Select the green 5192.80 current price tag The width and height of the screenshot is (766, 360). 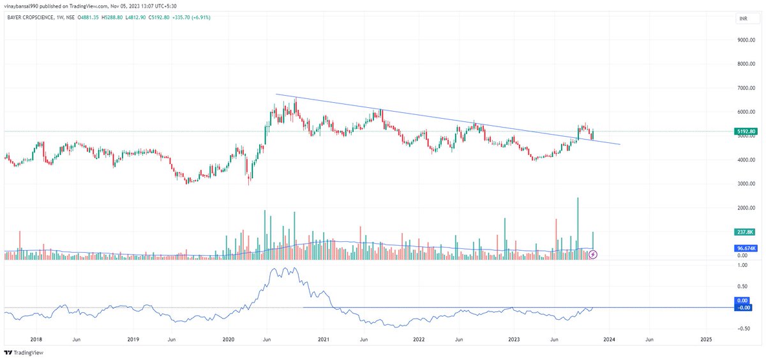pos(746,132)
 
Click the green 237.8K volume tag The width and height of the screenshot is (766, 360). pos(746,232)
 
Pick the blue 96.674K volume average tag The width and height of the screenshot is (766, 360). pos(746,248)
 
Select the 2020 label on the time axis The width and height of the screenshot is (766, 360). pos(229,339)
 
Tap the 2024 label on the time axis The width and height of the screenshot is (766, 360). pos(609,339)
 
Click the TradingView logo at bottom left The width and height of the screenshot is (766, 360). pos(21,353)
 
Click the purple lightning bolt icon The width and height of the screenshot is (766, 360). pos(593,255)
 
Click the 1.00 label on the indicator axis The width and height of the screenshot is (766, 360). pos(742,285)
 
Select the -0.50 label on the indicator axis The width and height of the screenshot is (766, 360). pos(742,329)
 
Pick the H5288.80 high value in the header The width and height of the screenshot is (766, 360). pos(117,17)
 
